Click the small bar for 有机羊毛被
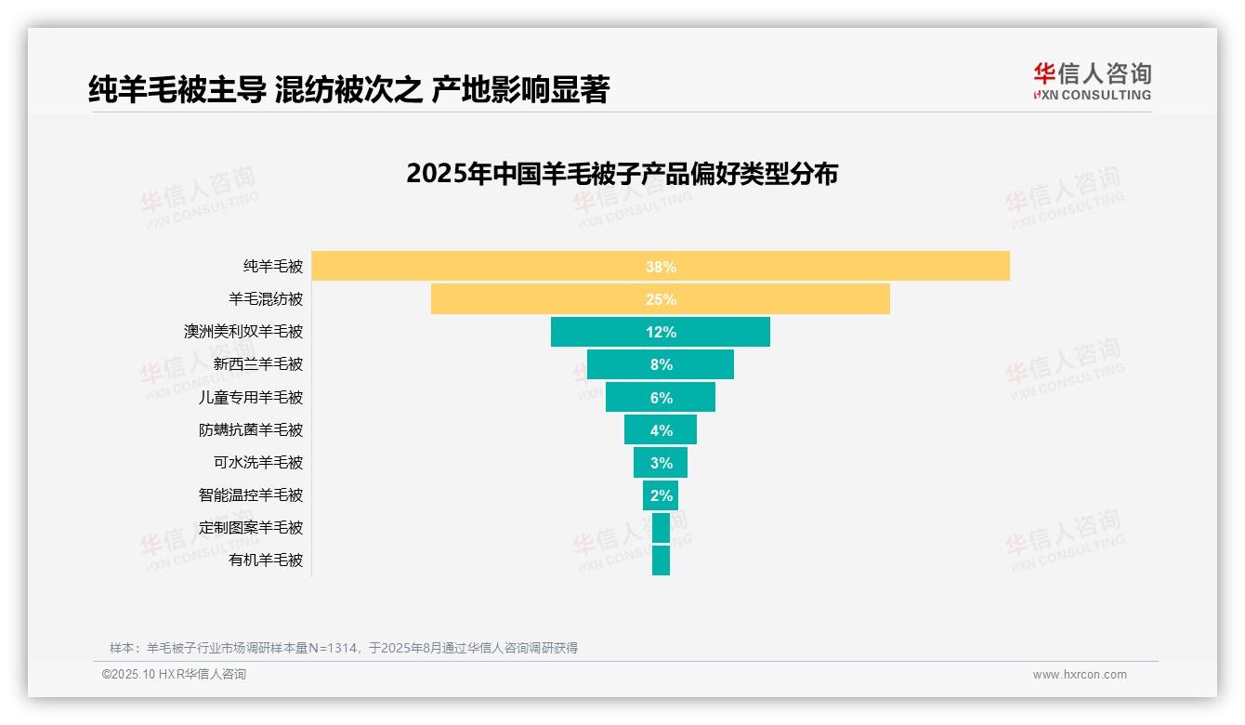coord(661,560)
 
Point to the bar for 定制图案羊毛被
coord(661,528)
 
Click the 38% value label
coord(661,267)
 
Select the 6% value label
coord(661,398)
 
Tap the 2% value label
coord(661,495)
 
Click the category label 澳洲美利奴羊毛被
coord(243,332)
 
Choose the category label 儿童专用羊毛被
coord(251,397)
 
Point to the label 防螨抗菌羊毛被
coord(251,429)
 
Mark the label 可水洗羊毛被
coord(258,462)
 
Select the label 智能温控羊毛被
coord(251,494)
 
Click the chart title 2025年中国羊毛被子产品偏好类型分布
coord(622,174)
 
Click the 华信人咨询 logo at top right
coord(1092,81)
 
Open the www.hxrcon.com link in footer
coord(1080,675)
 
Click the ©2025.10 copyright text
coord(174,675)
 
